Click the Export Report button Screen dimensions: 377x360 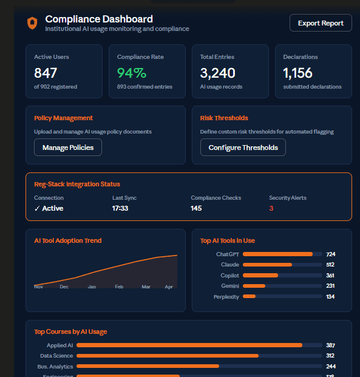click(x=321, y=23)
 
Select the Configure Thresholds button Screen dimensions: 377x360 click(x=243, y=148)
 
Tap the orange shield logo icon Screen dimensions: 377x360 click(x=32, y=23)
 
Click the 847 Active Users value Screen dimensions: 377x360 click(x=46, y=73)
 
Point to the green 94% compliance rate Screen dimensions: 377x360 click(x=132, y=73)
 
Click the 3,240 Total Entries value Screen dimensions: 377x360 click(x=217, y=73)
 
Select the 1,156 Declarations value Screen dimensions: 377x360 click(x=297, y=73)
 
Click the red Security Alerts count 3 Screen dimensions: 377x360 click(x=271, y=208)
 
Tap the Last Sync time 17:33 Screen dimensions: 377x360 click(x=120, y=208)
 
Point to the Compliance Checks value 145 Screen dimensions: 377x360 click(x=196, y=208)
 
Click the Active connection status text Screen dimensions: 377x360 click(x=52, y=208)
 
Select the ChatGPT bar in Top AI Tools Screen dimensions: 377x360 click(x=277, y=254)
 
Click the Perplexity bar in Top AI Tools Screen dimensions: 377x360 click(x=250, y=297)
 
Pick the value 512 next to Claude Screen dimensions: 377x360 click(x=330, y=265)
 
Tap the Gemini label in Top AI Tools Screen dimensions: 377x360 click(x=230, y=286)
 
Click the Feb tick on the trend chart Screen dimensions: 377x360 click(x=119, y=287)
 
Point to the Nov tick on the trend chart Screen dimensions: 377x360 click(x=38, y=287)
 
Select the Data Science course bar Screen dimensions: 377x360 click(x=168, y=356)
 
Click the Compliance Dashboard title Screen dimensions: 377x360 click(x=99, y=19)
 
